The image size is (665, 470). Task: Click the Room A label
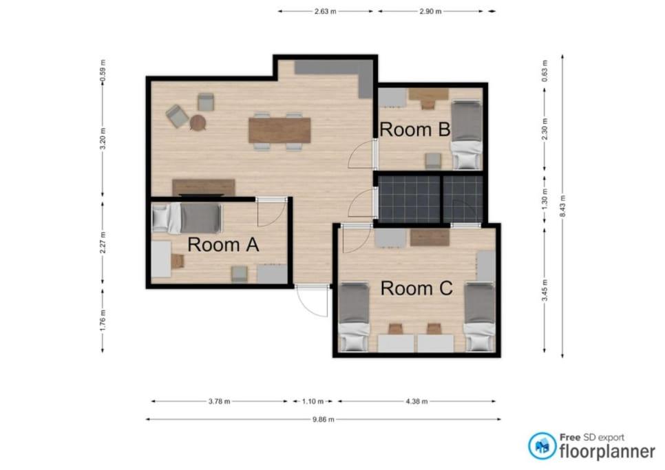point(223,244)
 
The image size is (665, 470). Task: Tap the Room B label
point(415,129)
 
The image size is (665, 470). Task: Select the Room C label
point(416,288)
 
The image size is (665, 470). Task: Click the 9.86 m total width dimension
point(323,420)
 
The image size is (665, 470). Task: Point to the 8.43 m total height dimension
point(563,206)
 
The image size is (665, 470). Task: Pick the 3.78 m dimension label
point(220,401)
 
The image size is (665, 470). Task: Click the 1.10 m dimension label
point(313,401)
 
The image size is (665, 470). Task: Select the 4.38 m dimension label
point(416,401)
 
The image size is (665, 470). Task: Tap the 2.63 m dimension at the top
point(326,12)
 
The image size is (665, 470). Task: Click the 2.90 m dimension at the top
point(430,12)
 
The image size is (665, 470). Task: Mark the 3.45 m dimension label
point(545,290)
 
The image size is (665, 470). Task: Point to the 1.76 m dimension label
point(103,321)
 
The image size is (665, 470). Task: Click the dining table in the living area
point(279,131)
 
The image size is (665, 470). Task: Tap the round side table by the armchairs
point(198,123)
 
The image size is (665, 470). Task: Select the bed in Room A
point(187,218)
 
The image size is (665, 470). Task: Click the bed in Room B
point(467,135)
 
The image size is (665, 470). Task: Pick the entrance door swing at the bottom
point(313,301)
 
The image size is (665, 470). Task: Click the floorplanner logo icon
point(542,446)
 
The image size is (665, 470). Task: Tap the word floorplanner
point(607,451)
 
